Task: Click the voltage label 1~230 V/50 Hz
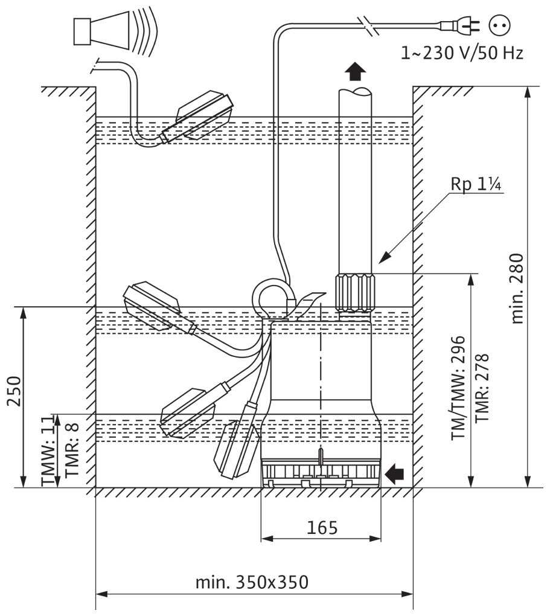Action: pos(462,53)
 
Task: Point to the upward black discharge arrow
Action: pos(356,71)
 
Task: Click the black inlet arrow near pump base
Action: pos(395,474)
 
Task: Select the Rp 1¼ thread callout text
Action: pos(476,184)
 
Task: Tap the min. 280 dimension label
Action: pos(517,288)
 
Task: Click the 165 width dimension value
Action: pos(321,527)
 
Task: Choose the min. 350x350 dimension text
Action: pos(252,583)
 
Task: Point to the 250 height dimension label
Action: pos(13,393)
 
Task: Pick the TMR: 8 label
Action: pos(72,450)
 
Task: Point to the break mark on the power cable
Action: pos(369,25)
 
